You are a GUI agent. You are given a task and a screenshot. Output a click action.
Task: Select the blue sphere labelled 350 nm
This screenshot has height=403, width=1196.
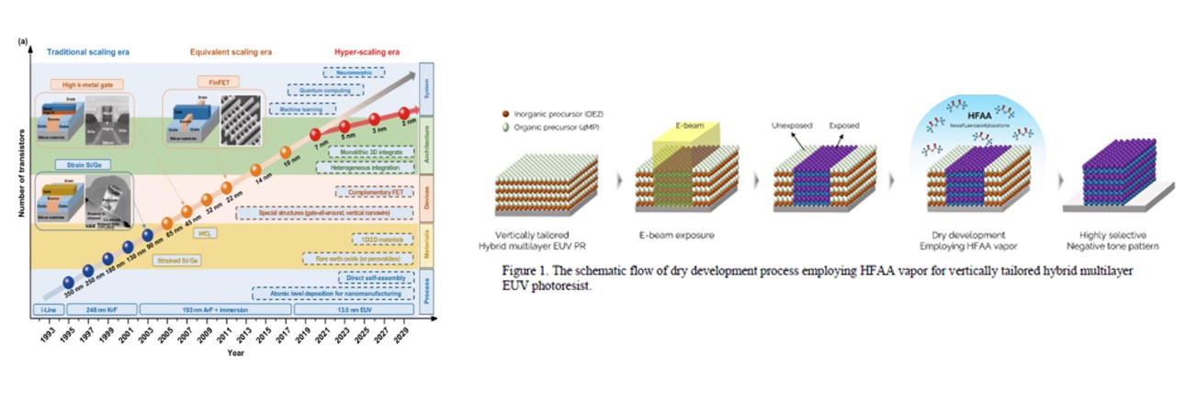[68, 282]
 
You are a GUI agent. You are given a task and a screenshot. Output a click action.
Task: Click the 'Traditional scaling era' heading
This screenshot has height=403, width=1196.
[88, 52]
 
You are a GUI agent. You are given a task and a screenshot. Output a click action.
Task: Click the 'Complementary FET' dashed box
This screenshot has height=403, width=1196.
[370, 192]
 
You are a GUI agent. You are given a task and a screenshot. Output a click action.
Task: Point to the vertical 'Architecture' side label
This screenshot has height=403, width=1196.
[426, 145]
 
